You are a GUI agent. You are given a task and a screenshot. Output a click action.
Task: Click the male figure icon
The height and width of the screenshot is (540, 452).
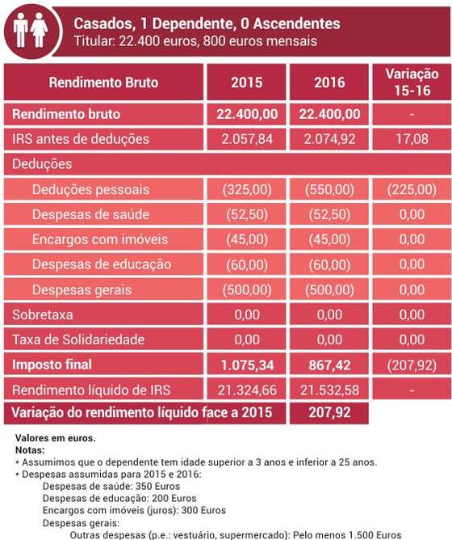[20, 30]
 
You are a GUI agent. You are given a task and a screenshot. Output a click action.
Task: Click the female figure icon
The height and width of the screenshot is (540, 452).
[39, 30]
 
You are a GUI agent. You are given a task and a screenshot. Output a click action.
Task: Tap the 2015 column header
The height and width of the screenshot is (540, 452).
[247, 82]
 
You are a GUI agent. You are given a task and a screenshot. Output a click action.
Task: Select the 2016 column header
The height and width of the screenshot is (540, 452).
[329, 82]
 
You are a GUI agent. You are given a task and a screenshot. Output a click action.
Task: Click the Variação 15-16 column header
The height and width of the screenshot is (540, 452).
[412, 82]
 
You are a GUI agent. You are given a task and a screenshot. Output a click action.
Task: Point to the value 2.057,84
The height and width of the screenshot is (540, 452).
[247, 139]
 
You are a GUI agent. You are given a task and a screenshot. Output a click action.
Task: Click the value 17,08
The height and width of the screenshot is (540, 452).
[412, 139]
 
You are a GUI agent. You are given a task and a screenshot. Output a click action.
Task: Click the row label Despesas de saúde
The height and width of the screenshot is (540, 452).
[91, 214]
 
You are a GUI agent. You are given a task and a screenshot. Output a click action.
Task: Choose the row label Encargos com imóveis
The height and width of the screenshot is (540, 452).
[100, 239]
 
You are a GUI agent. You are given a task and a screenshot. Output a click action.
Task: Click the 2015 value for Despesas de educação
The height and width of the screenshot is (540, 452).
[247, 264]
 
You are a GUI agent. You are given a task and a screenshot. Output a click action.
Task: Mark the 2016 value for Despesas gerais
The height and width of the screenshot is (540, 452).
[329, 289]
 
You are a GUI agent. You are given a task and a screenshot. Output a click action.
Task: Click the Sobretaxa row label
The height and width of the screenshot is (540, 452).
[43, 314]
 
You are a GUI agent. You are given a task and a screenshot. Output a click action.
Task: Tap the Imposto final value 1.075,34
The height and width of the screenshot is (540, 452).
[247, 365]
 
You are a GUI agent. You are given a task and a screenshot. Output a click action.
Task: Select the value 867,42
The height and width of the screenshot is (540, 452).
[329, 365]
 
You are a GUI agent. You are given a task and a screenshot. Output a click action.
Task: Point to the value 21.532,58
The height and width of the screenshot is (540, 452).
[329, 390]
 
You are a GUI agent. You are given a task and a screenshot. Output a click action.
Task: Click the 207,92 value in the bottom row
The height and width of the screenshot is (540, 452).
[329, 412]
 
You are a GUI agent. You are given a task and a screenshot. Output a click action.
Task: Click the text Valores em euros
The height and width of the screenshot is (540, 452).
[56, 438]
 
